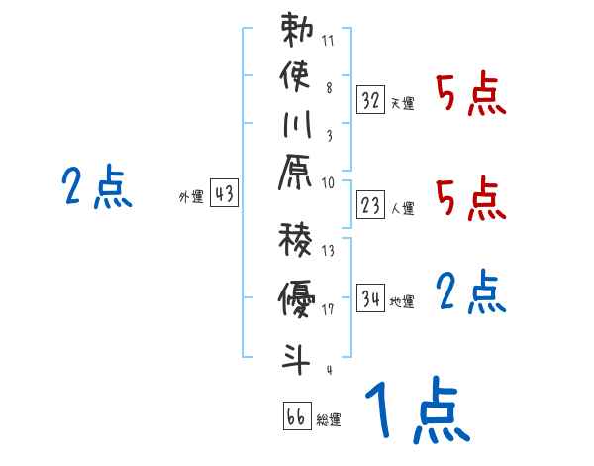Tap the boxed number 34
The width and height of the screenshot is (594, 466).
point(371,297)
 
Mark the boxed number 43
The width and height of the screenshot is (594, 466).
point(224,194)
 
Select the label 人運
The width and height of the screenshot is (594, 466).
point(402,209)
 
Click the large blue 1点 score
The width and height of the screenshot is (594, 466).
point(417,409)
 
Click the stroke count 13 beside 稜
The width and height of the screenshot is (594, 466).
point(328,250)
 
